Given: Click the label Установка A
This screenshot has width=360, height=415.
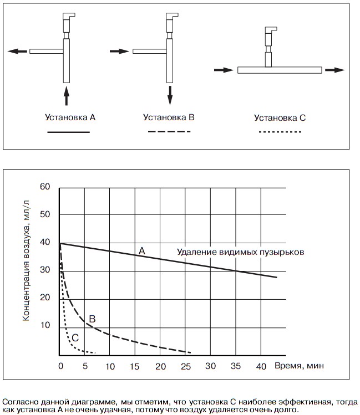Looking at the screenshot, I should (x=70, y=117).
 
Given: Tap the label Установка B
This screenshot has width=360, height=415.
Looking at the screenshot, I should (x=169, y=117).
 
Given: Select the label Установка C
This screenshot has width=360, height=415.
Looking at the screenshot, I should (x=280, y=117).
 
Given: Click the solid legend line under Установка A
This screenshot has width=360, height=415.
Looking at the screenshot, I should (x=68, y=132).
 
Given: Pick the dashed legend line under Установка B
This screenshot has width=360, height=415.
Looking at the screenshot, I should (x=169, y=132).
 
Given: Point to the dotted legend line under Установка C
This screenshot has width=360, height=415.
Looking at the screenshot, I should (x=280, y=132).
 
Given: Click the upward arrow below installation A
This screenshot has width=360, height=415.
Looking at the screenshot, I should (x=67, y=95).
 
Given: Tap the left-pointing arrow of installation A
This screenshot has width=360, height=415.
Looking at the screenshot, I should (x=17, y=51).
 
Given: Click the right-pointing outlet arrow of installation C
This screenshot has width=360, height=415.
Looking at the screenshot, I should (x=334, y=70).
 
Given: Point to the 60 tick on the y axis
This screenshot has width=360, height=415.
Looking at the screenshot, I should (x=45, y=187).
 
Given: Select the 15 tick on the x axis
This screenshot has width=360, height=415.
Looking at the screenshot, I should (x=135, y=366).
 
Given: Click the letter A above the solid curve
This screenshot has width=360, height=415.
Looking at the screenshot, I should (x=141, y=251).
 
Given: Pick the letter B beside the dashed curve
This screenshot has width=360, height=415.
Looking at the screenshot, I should (x=93, y=319).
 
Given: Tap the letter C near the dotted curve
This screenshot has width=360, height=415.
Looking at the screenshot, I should (x=75, y=336).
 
